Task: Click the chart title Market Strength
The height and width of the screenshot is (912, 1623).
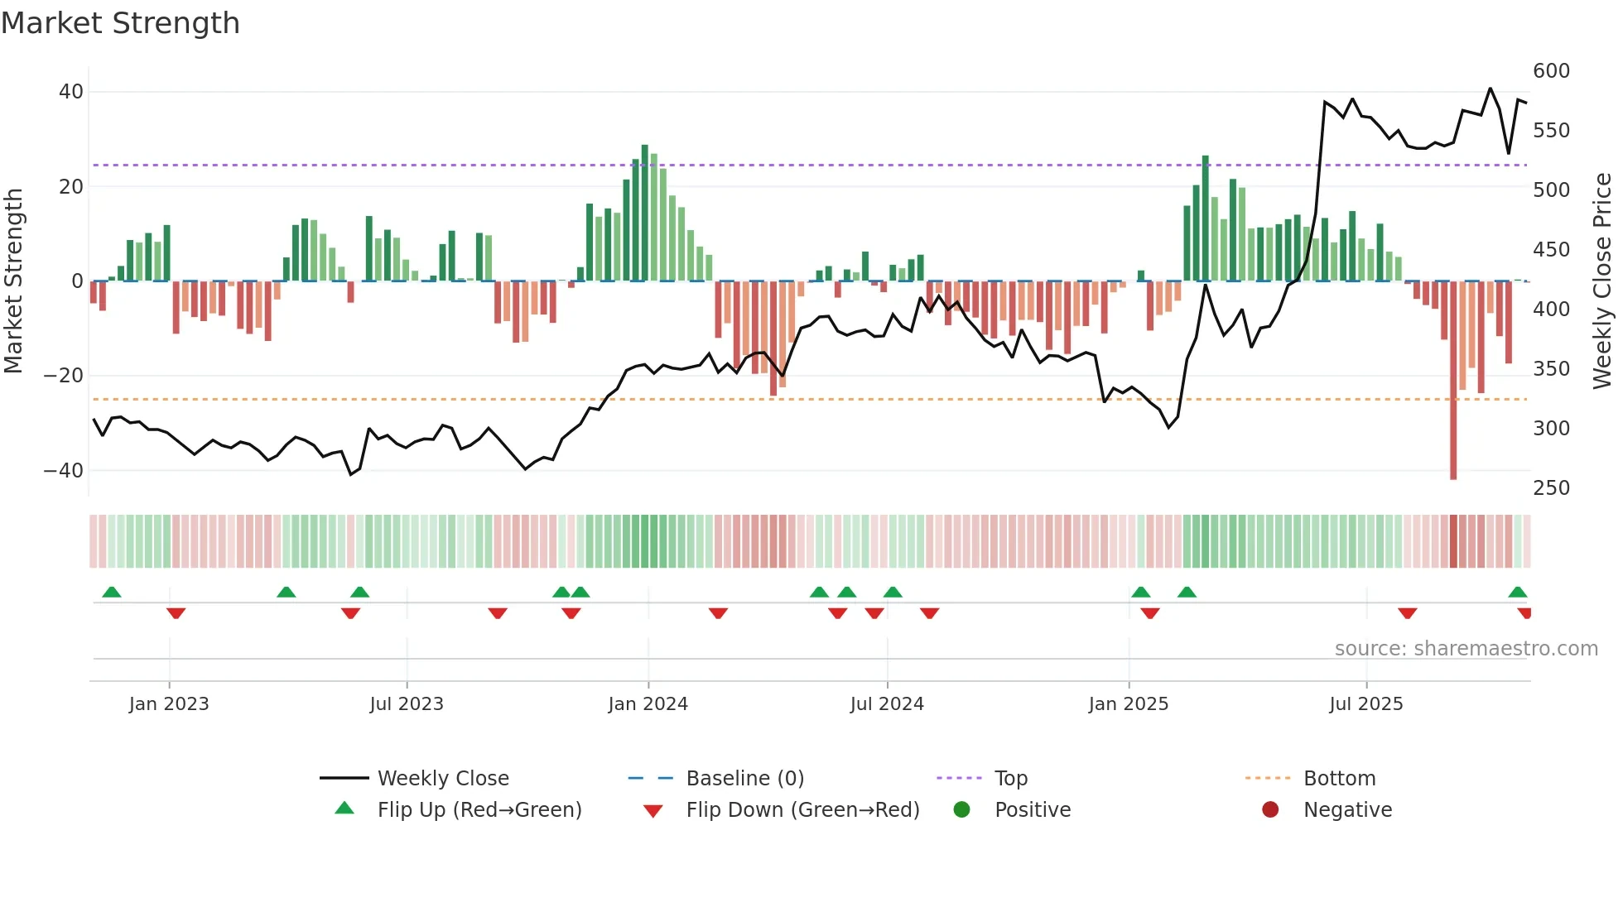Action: click(x=120, y=23)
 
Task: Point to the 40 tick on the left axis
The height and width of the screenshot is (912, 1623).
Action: click(x=71, y=92)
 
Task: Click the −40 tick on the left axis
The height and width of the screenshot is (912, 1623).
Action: click(x=64, y=471)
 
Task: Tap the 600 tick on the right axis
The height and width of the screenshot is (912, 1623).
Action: click(x=1551, y=71)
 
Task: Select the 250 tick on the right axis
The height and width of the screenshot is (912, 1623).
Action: click(x=1551, y=488)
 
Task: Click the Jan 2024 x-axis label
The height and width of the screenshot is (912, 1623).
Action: click(x=648, y=704)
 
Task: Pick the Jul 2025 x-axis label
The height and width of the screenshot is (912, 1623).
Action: click(x=1365, y=704)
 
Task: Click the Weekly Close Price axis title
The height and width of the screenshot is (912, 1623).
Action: click(x=1602, y=281)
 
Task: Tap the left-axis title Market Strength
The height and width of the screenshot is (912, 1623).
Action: click(x=14, y=281)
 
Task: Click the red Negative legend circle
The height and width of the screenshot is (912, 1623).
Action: click(x=1270, y=809)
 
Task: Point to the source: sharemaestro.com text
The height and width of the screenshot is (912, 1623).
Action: click(x=1466, y=649)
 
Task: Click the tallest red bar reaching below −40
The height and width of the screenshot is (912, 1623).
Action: click(x=1453, y=381)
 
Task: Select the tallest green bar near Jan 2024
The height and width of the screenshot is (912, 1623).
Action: click(x=645, y=213)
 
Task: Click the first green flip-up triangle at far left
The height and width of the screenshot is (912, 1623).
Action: click(x=112, y=592)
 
